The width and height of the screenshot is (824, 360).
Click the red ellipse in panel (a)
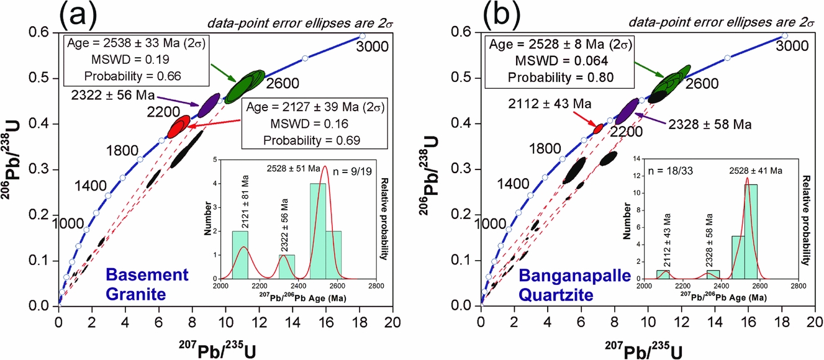pos(179,127)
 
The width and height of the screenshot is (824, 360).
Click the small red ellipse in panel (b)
pos(599,128)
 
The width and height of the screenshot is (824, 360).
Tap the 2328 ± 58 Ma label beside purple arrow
pos(709,124)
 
